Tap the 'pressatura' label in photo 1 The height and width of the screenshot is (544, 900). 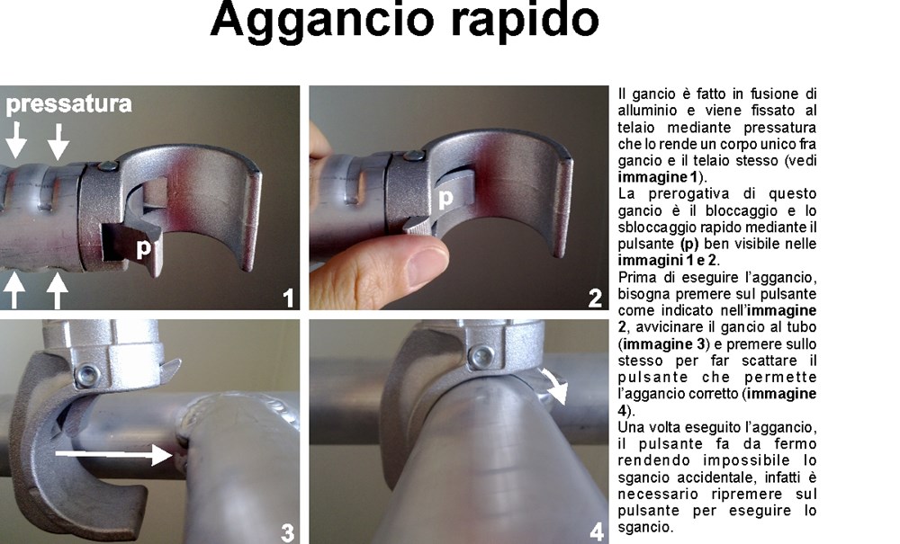pos(69,104)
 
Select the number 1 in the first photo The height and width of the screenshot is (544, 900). pos(288,299)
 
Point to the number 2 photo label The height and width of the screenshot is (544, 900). pos(595,299)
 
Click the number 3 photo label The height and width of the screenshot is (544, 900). pos(288,532)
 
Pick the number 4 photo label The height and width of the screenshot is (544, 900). pos(597,532)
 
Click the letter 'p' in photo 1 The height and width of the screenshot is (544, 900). pos(143,248)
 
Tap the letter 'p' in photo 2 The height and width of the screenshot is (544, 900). pos(445,199)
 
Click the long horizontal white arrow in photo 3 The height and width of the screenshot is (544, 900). pos(113,454)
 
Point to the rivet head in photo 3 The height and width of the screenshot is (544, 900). pos(87,376)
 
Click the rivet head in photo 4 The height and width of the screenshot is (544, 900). pos(481,357)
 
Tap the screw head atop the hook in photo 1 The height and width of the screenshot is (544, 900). pos(107,166)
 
